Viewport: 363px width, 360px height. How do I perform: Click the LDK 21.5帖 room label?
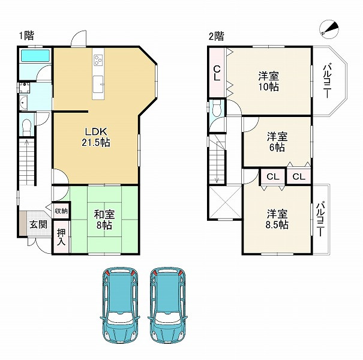pyautogui.click(x=96, y=137)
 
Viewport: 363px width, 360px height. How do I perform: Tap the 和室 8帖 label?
pyautogui.click(x=104, y=219)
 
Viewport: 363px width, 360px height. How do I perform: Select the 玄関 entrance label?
pyautogui.click(x=38, y=224)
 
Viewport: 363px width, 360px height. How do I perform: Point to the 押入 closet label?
pyautogui.click(x=61, y=237)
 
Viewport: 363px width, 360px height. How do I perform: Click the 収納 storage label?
pyautogui.click(x=61, y=211)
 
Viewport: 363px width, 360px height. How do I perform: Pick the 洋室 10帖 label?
pyautogui.click(x=269, y=81)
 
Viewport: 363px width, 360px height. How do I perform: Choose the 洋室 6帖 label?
pyautogui.click(x=277, y=142)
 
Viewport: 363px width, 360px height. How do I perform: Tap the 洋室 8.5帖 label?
pyautogui.click(x=277, y=219)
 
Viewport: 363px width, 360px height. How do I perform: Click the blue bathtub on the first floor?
pyautogui.click(x=36, y=56)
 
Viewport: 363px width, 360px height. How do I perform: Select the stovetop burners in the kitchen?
pyautogui.click(x=98, y=60)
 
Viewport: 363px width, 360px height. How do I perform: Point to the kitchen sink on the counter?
pyautogui.click(x=98, y=84)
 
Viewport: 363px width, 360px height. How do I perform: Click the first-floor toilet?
pyautogui.click(x=26, y=127)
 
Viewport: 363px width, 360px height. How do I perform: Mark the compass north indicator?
pyautogui.click(x=329, y=29)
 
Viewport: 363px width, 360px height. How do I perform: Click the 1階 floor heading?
pyautogui.click(x=26, y=35)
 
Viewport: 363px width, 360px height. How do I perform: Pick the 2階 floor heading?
pyautogui.click(x=216, y=36)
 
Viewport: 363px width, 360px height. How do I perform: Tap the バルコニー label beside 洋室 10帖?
pyautogui.click(x=328, y=81)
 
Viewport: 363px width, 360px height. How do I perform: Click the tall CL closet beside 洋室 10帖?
pyautogui.click(x=217, y=72)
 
